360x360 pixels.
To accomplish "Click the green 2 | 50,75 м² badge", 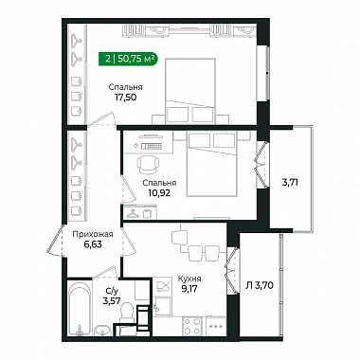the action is (128, 59).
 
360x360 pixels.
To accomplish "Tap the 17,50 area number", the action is (125, 97).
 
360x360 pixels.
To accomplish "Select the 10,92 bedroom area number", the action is (159, 192).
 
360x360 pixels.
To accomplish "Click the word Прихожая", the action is (93, 234).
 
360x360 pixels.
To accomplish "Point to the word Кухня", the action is (189, 279).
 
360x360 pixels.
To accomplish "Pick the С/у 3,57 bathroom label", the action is (112, 296).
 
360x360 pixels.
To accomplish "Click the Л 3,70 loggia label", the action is (260, 286).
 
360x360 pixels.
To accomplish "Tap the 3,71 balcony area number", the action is (290, 183).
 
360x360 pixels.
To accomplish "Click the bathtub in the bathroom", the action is (81, 310).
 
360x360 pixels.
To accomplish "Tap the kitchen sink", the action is (162, 307).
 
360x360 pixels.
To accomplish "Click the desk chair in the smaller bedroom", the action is (148, 164).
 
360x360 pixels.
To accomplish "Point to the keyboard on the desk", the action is (152, 146).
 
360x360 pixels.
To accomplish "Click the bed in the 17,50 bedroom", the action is (190, 91).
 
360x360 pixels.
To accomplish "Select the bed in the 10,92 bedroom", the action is (211, 164).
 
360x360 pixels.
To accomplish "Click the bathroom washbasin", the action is (103, 331).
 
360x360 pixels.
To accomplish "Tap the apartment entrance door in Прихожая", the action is (55, 240).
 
